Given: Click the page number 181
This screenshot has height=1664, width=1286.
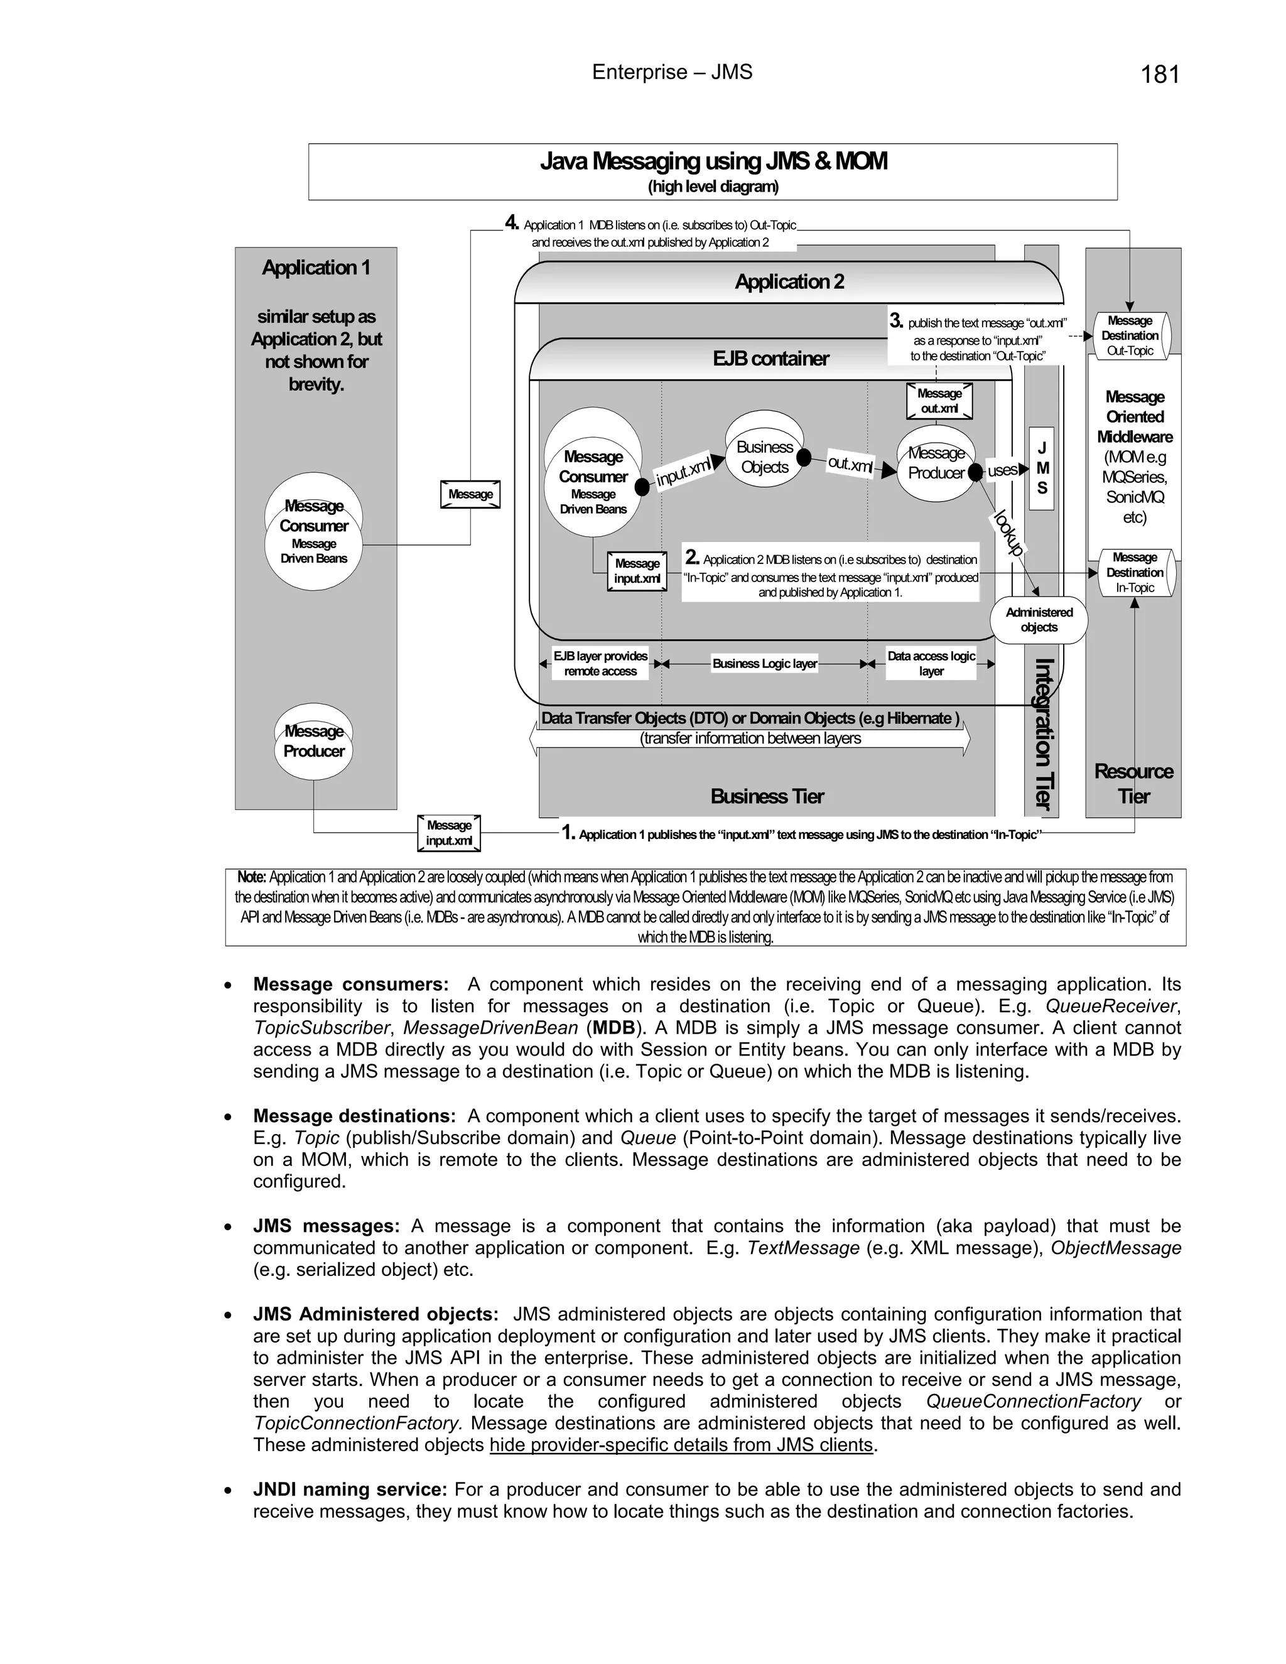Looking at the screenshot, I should pyautogui.click(x=1160, y=75).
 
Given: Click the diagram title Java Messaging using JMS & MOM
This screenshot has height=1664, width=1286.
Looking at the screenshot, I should pyautogui.click(x=713, y=161).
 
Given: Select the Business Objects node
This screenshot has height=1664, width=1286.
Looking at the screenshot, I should pyautogui.click(x=765, y=457).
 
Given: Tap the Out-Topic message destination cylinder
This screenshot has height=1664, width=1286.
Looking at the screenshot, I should pyautogui.click(x=1130, y=335).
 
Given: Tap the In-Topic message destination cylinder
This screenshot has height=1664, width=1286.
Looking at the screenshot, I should pyautogui.click(x=1135, y=572).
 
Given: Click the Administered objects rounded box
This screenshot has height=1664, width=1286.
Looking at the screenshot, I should pyautogui.click(x=1039, y=619).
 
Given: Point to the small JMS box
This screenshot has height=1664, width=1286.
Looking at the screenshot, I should pyautogui.click(x=1042, y=468).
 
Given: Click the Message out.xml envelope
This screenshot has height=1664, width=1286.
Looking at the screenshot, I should pyautogui.click(x=939, y=401).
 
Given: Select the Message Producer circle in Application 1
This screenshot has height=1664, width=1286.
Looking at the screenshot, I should pyautogui.click(x=314, y=742).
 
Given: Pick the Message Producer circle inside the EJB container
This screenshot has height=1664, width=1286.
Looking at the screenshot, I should pyautogui.click(x=936, y=463).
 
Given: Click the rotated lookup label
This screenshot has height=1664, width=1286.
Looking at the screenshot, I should pyautogui.click(x=1008, y=532).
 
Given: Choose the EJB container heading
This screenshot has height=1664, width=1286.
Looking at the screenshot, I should pyautogui.click(x=770, y=358).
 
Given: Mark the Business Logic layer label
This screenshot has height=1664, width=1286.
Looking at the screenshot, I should pyautogui.click(x=764, y=664).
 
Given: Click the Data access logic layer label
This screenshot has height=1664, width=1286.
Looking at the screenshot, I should pyautogui.click(x=931, y=664).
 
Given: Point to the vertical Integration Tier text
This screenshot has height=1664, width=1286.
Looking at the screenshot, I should pyautogui.click(x=1043, y=733).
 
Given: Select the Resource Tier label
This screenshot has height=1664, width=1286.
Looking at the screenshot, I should pyautogui.click(x=1133, y=783).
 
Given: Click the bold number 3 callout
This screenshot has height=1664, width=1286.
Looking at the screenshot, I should pyautogui.click(x=896, y=321).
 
